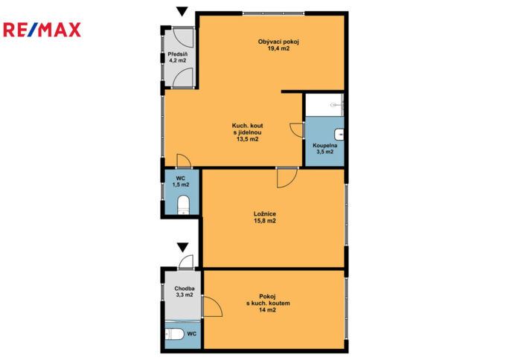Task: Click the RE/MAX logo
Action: coord(42,30)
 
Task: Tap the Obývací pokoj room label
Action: coord(268,42)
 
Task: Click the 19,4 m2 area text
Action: coord(268,49)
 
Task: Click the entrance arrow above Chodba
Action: coord(182,247)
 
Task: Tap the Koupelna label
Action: coord(324,145)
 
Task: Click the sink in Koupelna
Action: coord(339,134)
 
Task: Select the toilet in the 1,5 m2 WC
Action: coord(184,205)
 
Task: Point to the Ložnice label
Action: coord(265,213)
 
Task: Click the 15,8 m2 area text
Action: coord(265,221)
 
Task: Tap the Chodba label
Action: coord(184,288)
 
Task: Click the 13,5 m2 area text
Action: coord(247,139)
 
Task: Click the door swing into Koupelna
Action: coord(295,128)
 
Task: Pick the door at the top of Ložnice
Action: coord(285,177)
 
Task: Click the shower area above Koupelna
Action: coord(324,105)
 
